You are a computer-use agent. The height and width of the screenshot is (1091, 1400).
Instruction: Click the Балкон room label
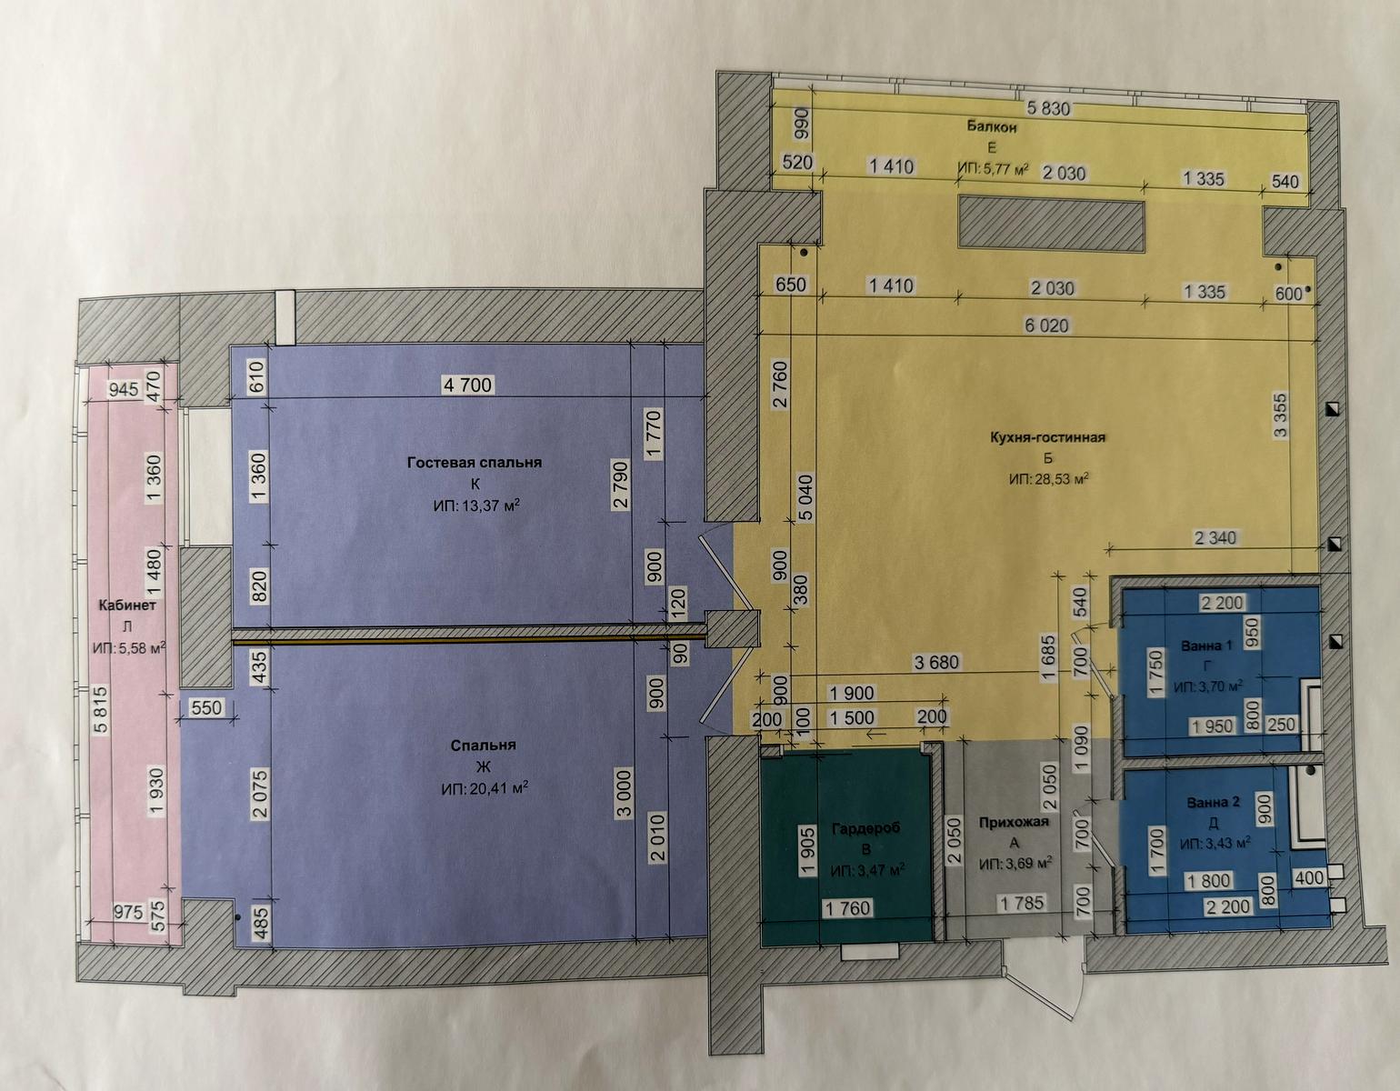click(992, 127)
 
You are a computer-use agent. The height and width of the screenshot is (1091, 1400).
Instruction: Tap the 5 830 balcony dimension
click(1048, 108)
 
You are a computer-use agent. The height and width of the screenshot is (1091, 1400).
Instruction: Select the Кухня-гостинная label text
click(1047, 437)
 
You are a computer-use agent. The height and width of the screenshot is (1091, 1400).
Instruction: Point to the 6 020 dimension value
click(1047, 325)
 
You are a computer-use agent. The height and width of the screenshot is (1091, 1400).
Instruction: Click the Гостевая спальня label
click(475, 463)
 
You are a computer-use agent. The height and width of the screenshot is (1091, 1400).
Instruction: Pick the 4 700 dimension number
click(468, 385)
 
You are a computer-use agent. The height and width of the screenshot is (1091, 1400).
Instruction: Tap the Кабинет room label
click(127, 606)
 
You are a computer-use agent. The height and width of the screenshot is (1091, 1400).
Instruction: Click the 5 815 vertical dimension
click(101, 709)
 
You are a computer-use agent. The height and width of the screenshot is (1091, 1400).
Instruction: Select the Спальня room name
click(484, 746)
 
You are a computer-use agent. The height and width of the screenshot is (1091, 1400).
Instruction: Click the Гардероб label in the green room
click(865, 829)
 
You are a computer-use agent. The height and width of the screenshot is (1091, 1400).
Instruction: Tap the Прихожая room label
click(1014, 822)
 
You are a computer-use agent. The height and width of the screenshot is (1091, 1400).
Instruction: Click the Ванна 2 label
click(1213, 803)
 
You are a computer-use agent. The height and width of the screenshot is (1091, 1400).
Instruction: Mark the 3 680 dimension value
click(936, 662)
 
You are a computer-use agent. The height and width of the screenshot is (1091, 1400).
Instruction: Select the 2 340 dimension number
click(1215, 537)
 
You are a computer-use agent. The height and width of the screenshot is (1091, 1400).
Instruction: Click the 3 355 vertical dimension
click(1280, 415)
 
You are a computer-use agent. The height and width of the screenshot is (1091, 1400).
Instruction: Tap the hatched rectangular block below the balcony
click(1051, 224)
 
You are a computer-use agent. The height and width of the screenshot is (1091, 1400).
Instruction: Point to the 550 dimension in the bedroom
click(206, 708)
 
